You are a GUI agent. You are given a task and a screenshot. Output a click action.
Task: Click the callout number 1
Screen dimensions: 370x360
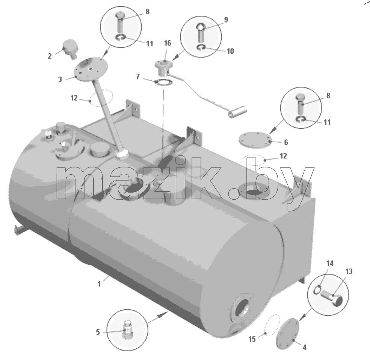(x=99, y=284)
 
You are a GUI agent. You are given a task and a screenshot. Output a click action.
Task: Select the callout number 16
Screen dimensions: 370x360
(x=167, y=43)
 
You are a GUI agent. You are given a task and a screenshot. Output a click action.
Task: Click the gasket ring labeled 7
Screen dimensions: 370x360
(x=163, y=83)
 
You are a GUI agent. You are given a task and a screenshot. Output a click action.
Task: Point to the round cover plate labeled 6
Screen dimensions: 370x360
(x=254, y=140)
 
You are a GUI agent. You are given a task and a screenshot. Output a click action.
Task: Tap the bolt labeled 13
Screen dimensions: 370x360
(x=331, y=297)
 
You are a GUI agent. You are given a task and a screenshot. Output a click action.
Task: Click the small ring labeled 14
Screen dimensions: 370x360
(x=317, y=289)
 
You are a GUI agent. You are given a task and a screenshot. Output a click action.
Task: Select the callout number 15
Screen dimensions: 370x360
(x=252, y=339)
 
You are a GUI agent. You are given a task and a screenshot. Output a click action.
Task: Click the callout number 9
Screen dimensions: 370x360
(x=226, y=20)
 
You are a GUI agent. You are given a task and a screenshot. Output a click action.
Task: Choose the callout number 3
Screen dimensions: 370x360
(x=60, y=79)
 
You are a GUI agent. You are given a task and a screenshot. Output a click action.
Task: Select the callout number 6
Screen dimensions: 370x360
(x=286, y=142)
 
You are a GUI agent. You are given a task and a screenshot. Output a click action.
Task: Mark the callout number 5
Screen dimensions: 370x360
(x=98, y=332)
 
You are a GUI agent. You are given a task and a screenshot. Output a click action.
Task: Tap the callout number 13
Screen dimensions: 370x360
(x=349, y=271)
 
